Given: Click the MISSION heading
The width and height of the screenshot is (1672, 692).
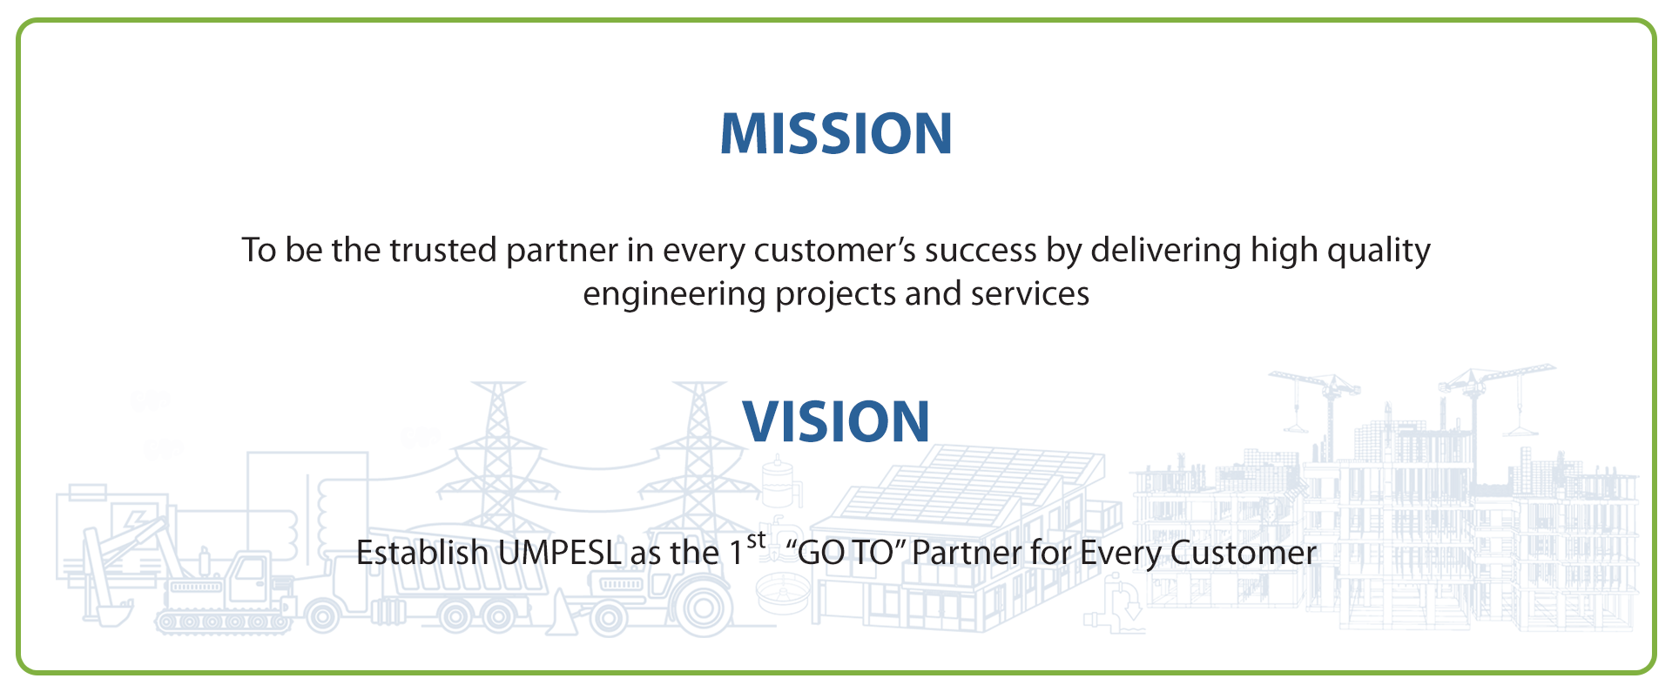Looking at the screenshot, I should [836, 134].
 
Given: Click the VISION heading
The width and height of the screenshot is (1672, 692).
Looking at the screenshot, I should [836, 422].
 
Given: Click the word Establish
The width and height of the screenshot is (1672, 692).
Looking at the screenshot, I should [422, 554].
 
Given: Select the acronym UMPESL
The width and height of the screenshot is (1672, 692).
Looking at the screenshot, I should [559, 554].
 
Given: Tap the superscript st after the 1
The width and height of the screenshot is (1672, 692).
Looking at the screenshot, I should [757, 541].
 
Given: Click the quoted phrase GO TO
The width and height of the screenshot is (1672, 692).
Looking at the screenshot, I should [846, 554].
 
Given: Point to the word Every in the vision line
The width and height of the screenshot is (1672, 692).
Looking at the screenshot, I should [1120, 554].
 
